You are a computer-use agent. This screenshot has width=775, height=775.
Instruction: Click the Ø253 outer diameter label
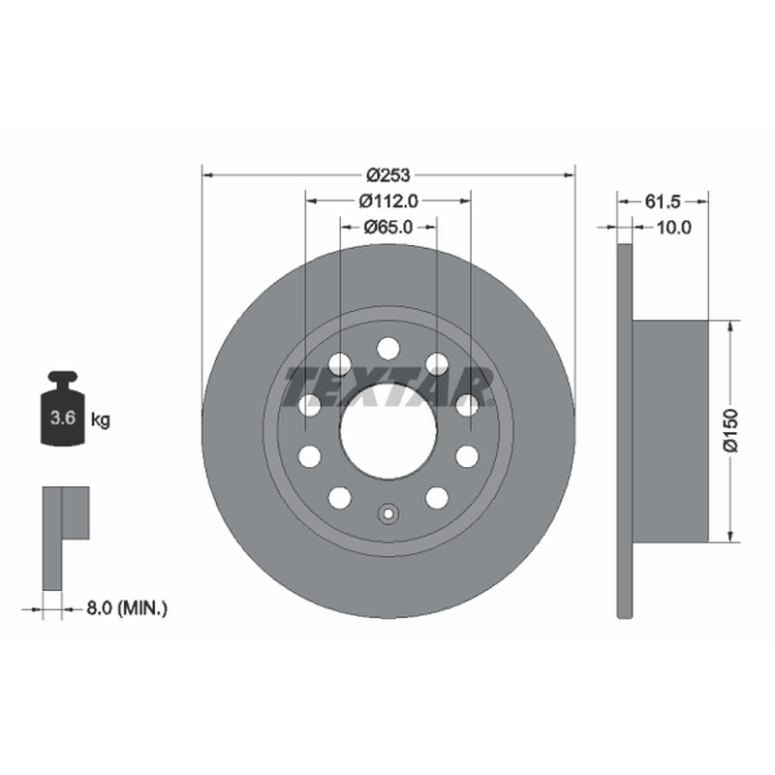point(388,175)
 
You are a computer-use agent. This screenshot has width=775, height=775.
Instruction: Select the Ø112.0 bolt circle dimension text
point(388,201)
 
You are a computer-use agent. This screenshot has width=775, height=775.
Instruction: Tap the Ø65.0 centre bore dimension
point(388,228)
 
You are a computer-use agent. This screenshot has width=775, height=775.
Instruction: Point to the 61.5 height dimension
point(663,201)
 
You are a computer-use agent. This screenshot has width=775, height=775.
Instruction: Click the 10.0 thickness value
point(673,228)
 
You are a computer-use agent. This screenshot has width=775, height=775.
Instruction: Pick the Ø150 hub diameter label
point(730,430)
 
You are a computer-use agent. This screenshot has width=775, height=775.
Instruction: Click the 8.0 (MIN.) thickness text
point(127,608)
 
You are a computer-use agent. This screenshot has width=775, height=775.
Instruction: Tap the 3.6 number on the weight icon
point(63,418)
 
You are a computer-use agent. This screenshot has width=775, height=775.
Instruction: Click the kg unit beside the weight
point(101,420)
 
